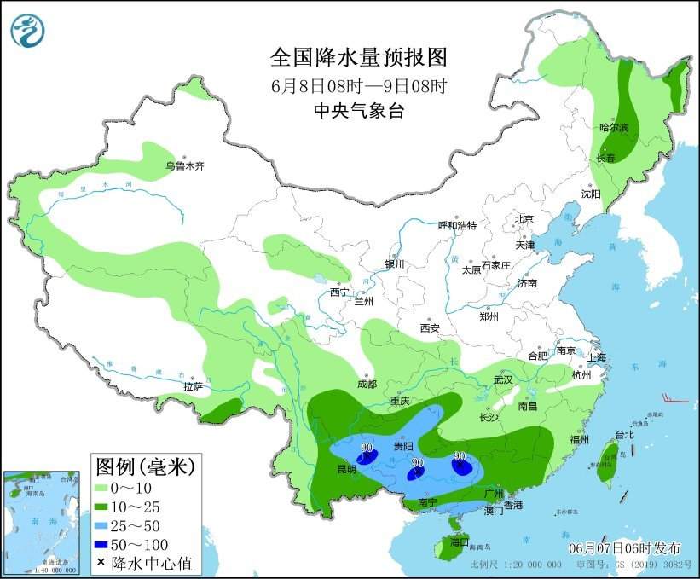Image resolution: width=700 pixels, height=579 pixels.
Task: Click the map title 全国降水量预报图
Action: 359,57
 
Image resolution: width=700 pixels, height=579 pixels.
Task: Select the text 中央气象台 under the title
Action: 359,110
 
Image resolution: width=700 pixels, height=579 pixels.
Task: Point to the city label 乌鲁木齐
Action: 185,165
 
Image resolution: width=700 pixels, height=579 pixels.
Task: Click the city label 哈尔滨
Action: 613,128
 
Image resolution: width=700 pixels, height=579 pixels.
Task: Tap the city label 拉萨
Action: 194,386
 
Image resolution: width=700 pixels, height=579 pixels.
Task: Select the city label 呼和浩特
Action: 457,225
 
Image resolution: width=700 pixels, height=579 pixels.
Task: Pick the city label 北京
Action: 524,219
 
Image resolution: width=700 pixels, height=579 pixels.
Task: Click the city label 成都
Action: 367,384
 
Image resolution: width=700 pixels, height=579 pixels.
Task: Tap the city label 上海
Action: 597,357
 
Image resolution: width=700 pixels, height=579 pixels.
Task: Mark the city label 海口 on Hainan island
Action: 460,541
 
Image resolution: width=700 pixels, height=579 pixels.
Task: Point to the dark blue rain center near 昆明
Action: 367,458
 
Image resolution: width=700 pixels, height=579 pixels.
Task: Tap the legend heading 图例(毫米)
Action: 145,466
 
